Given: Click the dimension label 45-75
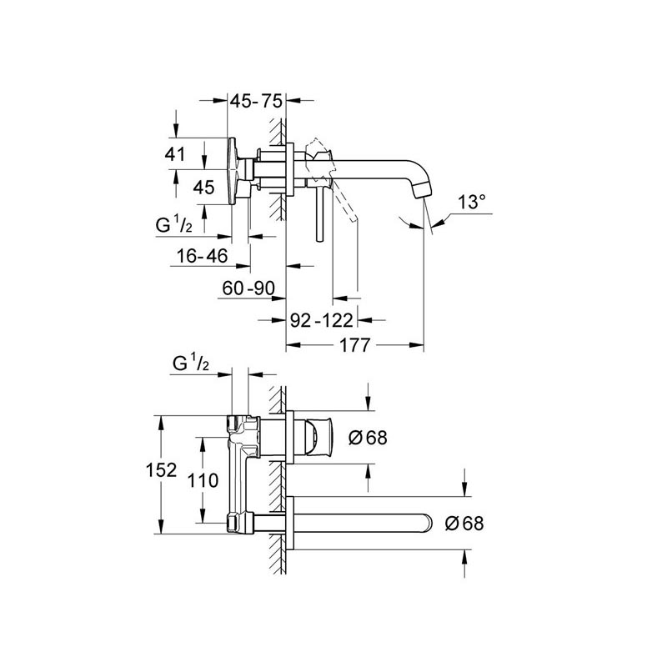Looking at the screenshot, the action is coord(256,101).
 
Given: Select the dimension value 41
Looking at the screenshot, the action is coord(175,154).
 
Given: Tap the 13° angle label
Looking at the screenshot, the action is coord(472,202).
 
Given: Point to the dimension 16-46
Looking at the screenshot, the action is coord(202,256).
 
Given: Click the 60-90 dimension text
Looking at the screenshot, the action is coord(248,288).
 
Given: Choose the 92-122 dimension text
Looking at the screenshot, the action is coord(322,320).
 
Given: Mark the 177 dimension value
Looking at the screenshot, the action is coord(355,345).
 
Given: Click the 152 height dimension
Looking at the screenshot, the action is coord(161,470).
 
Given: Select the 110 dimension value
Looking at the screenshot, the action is coord(203,481).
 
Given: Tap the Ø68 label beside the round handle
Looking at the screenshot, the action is coord(368,437).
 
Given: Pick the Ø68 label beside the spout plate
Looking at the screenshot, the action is coord(464,524).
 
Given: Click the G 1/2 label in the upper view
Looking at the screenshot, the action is coord(174,224).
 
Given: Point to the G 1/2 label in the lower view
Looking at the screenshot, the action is coord(191,364).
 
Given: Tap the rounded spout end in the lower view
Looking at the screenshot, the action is coord(427,523).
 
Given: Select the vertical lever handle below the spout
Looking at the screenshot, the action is coord(320,214).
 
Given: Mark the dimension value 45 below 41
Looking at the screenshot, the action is coord(203,187).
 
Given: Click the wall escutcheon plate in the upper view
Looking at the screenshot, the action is coord(289,169).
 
